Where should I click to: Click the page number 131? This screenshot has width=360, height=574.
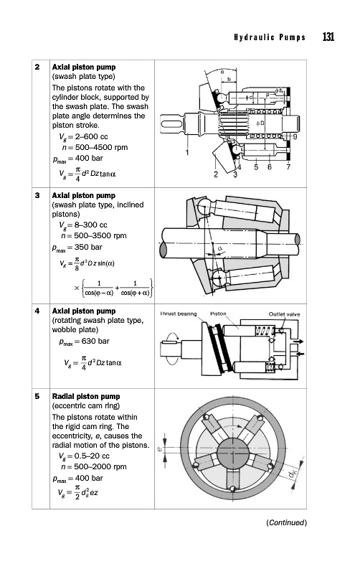click(x=328, y=37)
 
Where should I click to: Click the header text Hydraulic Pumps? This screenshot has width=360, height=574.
click(x=270, y=37)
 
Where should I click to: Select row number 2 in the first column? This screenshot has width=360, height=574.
click(x=37, y=67)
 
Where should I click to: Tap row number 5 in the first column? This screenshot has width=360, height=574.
click(x=37, y=396)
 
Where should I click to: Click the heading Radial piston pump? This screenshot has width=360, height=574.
click(x=86, y=396)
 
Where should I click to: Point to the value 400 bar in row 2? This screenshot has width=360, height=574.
click(x=89, y=158)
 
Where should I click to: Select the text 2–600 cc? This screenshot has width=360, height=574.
click(x=92, y=136)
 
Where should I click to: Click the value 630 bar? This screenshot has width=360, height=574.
click(x=95, y=342)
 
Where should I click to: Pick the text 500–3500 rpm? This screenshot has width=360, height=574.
click(x=100, y=235)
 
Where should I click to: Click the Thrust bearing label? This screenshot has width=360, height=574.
click(x=179, y=314)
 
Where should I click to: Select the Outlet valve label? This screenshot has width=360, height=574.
click(x=284, y=314)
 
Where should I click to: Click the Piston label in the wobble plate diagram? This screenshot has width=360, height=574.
click(x=218, y=314)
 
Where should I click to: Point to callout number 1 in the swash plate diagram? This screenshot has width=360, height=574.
click(x=187, y=152)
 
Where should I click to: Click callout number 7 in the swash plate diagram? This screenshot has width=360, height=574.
click(x=288, y=167)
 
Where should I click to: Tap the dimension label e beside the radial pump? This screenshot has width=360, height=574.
click(x=159, y=448)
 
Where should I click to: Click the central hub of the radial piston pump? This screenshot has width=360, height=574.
click(x=232, y=453)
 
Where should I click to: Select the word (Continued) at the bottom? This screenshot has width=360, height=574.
click(x=286, y=522)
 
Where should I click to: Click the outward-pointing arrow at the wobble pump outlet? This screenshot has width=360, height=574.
click(x=298, y=342)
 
